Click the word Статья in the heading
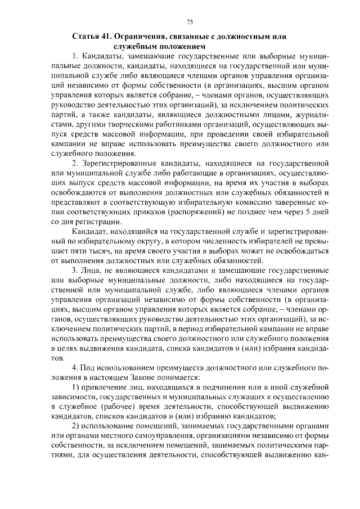pyautogui.click(x=85, y=37)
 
